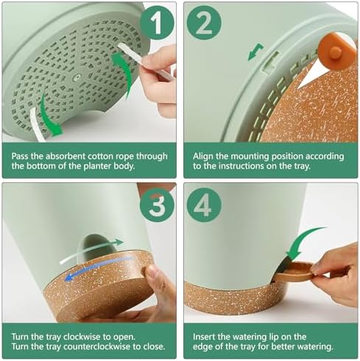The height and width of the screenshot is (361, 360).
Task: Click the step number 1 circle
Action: pyautogui.click(x=157, y=24)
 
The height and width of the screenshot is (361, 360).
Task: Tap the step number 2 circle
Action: pyautogui.click(x=204, y=24)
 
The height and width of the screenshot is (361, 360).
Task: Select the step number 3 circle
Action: pyautogui.click(x=157, y=204)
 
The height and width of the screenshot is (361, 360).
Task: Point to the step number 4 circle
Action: pyautogui.click(x=204, y=204)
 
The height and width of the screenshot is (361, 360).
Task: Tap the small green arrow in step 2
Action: pyautogui.click(x=255, y=51)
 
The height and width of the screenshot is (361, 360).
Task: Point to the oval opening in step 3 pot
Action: pyautogui.click(x=97, y=249)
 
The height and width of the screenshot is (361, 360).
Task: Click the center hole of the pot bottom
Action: pyautogui.click(x=77, y=77)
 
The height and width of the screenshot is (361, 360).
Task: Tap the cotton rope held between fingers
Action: pyautogui.click(x=145, y=60)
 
